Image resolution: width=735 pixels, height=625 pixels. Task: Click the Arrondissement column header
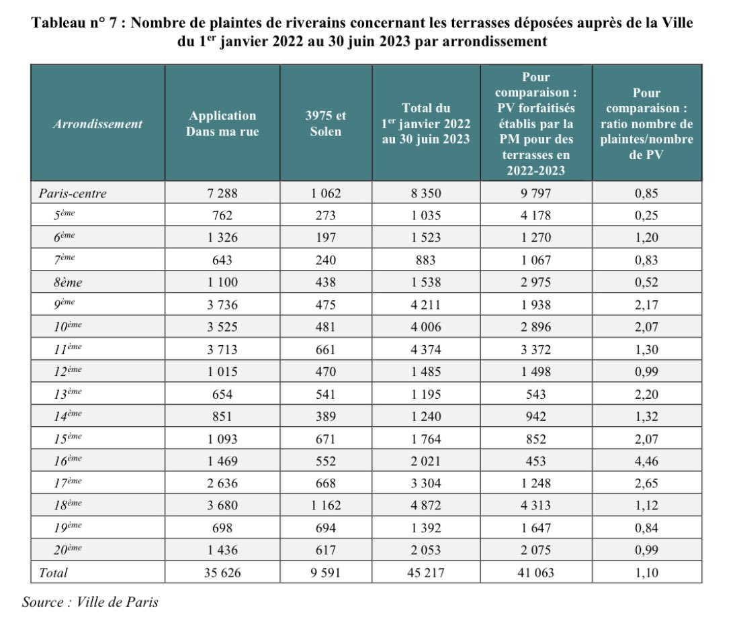tap(98, 124)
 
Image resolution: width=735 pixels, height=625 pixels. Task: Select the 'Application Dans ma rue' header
tap(222, 124)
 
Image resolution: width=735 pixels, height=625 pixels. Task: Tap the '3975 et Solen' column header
tap(326, 124)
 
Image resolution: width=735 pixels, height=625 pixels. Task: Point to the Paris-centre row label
tap(73, 193)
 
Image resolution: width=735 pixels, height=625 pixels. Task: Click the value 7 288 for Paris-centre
tap(222, 193)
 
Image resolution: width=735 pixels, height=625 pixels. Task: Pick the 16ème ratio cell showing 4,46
tap(646, 461)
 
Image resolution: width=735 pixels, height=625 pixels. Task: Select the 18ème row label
tap(68, 506)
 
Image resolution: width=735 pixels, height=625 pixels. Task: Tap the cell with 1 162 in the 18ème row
tap(326, 506)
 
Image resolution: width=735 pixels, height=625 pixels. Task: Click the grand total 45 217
tap(426, 573)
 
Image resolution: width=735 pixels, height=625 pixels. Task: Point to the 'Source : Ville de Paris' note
tap(90, 602)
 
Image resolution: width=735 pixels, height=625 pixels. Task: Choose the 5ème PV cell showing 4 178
tap(535, 215)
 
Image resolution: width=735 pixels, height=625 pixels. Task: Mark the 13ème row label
tap(68, 394)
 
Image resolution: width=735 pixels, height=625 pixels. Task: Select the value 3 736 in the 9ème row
tap(222, 305)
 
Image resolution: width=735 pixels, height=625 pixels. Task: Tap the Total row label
tap(53, 573)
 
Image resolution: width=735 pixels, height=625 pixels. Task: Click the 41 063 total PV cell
tap(535, 573)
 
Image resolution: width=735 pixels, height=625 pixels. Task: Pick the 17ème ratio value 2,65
tap(646, 483)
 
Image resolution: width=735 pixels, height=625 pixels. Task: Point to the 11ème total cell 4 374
tap(426, 349)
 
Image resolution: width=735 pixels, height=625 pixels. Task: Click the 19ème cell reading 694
tap(326, 528)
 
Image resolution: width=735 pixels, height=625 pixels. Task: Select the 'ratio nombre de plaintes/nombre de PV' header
tap(646, 124)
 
